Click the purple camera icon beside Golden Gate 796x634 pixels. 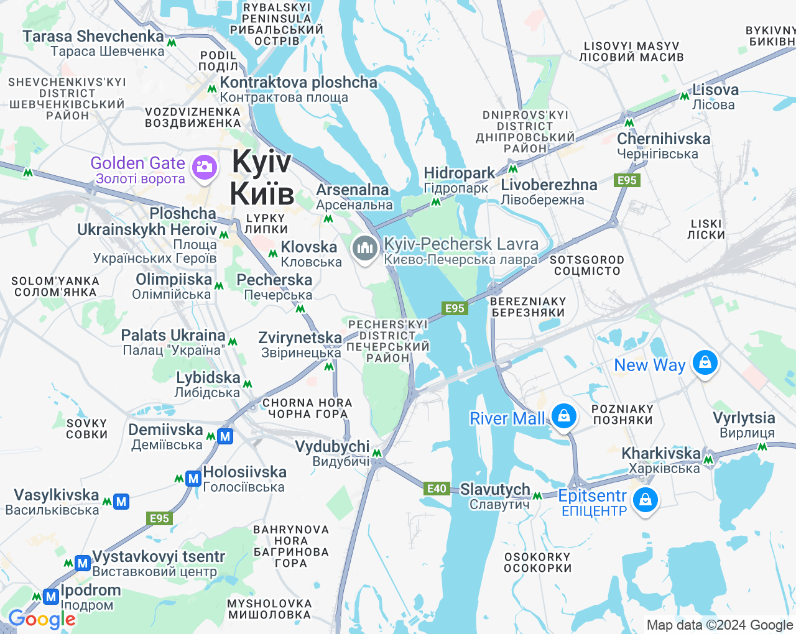[x=203, y=167]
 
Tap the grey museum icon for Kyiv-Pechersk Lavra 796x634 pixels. [x=365, y=248]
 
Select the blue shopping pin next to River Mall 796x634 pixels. [x=563, y=416]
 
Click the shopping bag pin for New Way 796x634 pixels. [x=705, y=362]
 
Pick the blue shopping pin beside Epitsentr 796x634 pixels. [x=646, y=500]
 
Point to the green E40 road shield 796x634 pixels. [x=437, y=489]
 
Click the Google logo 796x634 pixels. [x=42, y=619]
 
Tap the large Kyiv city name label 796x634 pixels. [x=261, y=177]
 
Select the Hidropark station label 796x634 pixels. [x=459, y=180]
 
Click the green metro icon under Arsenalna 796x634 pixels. [x=328, y=219]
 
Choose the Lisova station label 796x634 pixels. [x=715, y=96]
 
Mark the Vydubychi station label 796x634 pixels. [x=332, y=453]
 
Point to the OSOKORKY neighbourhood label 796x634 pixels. [x=537, y=563]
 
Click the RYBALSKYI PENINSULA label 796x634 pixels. [x=277, y=24]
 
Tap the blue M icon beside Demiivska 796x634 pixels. [x=225, y=436]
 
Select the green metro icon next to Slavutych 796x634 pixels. [x=537, y=495]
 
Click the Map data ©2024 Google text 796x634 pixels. [x=720, y=625]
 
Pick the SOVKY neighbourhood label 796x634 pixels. [x=87, y=429]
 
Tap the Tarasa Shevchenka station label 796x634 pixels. [x=93, y=43]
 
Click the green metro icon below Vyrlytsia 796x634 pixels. [x=762, y=447]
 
